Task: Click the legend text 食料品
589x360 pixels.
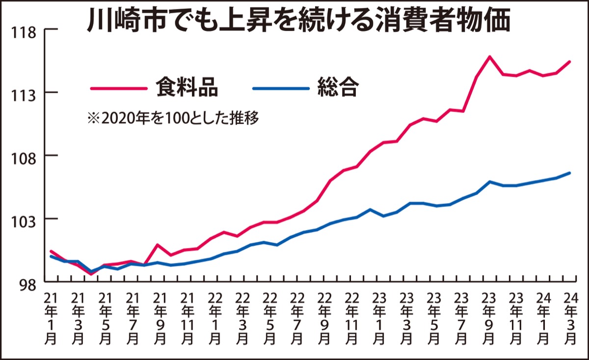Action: (187, 88)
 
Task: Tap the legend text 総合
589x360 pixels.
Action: (338, 88)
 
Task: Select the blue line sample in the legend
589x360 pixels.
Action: (281, 88)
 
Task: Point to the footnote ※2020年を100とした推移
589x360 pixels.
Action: (172, 118)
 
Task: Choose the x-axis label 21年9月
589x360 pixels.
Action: (159, 319)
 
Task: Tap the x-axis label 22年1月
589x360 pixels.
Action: (214, 319)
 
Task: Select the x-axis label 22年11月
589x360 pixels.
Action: (350, 319)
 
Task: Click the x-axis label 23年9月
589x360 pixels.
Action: (487, 319)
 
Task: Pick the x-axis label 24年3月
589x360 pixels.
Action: (570, 319)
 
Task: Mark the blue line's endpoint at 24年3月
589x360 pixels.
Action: (569, 173)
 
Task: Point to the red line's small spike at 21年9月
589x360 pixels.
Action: (158, 244)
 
